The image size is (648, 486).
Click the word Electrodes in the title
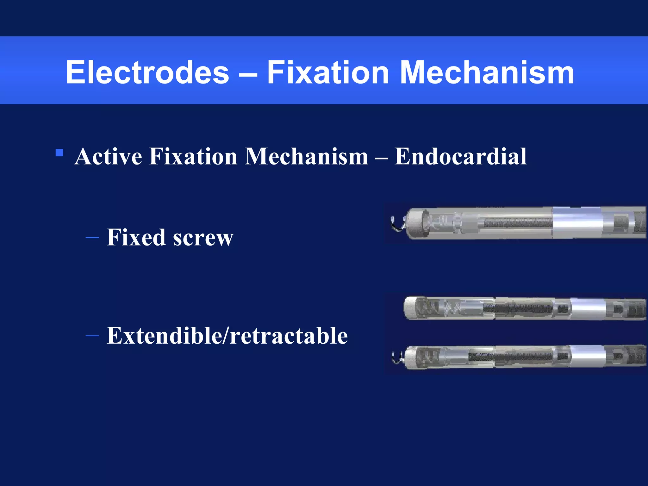pyautogui.click(x=147, y=73)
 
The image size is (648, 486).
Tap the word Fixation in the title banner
pyautogui.click(x=328, y=73)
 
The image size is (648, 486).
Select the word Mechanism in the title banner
pyautogui.click(x=487, y=73)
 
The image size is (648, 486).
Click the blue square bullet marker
pyautogui.click(x=59, y=153)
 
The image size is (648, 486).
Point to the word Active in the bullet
pyautogui.click(x=108, y=156)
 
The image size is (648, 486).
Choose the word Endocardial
pyautogui.click(x=460, y=156)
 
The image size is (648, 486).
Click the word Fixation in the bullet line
pyautogui.click(x=193, y=156)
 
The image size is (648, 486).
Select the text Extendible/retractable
pyautogui.click(x=227, y=335)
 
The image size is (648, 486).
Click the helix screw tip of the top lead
pyautogui.click(x=397, y=223)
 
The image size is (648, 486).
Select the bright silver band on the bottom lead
pyautogui.click(x=588, y=356)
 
